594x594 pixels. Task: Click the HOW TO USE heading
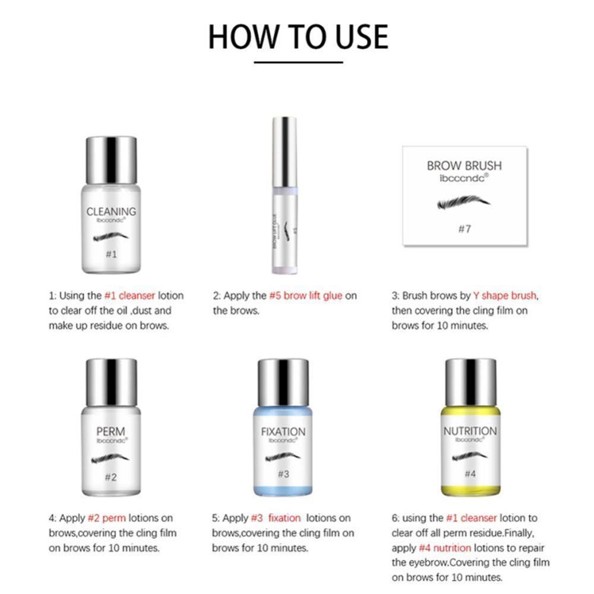(x=298, y=36)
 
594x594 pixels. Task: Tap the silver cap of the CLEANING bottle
(x=111, y=160)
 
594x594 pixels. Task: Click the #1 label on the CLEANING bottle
(x=111, y=254)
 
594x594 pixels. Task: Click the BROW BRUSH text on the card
(x=464, y=166)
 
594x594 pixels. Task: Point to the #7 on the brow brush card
(x=464, y=229)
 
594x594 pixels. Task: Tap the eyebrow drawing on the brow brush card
(x=463, y=203)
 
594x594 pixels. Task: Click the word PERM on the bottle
(x=111, y=431)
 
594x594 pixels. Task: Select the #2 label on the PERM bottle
(x=111, y=476)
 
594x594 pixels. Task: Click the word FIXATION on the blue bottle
(x=283, y=432)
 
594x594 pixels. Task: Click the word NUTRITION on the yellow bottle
(x=470, y=431)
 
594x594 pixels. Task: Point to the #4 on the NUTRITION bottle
(x=470, y=473)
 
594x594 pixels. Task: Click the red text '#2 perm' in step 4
(x=107, y=518)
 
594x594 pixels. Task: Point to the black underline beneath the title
(x=298, y=62)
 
